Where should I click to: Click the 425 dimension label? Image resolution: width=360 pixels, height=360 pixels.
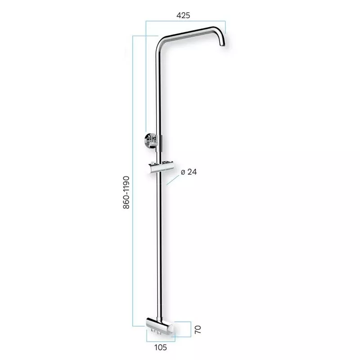coord(183,15)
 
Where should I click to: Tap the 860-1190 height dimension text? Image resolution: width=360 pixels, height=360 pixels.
coord(126,193)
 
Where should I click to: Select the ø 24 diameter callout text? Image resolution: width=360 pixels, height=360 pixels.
coord(189,172)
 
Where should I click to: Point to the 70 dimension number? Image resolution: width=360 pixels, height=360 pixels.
coord(198,329)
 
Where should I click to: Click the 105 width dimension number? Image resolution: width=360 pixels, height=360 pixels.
coord(161,347)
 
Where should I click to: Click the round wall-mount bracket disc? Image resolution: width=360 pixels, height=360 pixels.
coord(147,140)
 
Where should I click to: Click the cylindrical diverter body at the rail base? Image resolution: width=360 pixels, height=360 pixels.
coord(160,325)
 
